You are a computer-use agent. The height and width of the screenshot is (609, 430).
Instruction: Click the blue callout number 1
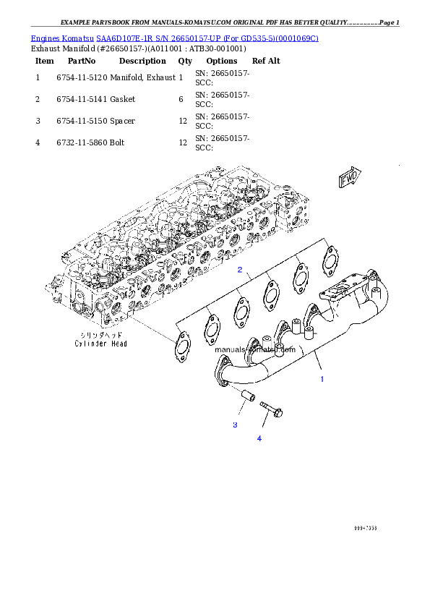(322, 378)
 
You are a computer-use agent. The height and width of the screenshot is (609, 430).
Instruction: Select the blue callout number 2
(240, 271)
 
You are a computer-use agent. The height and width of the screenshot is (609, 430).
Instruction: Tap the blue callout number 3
(235, 425)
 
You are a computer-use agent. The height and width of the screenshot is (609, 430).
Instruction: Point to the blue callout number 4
(259, 438)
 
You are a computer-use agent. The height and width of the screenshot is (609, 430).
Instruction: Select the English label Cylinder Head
(101, 344)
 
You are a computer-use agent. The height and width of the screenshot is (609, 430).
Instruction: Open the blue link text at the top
(174, 38)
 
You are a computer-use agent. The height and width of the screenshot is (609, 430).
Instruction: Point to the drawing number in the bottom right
(365, 529)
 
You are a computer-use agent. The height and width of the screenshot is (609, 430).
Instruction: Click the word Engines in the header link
(45, 38)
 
